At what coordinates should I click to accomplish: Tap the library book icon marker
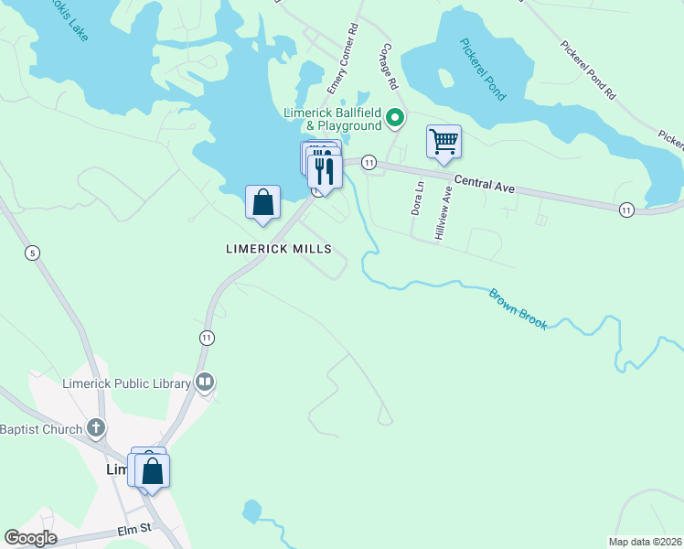[x=205, y=382]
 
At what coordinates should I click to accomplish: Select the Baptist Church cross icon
[x=96, y=428]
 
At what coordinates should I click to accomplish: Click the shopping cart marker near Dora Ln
[x=444, y=143]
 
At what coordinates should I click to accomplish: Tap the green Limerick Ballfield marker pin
[x=395, y=117]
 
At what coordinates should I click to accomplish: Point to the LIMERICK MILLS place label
[x=278, y=249]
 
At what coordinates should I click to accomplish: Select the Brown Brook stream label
[x=518, y=309]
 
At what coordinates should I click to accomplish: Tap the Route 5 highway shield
[x=33, y=253]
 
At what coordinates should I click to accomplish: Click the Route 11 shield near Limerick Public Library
[x=208, y=338]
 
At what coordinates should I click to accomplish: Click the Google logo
[x=30, y=538]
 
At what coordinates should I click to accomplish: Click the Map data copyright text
[x=645, y=542]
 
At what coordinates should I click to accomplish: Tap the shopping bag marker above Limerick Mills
[x=262, y=202]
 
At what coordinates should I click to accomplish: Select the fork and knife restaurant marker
[x=325, y=170]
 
